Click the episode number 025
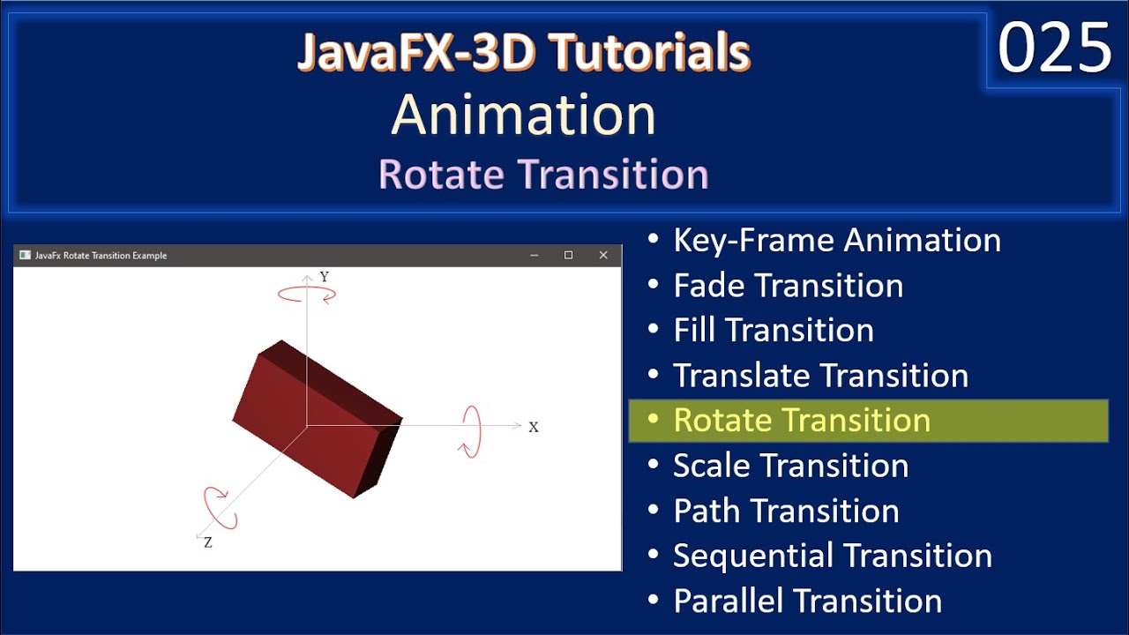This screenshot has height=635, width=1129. pos(1054,49)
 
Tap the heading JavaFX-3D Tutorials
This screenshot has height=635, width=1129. pos(524,53)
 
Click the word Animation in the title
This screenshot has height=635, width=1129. pos(524,115)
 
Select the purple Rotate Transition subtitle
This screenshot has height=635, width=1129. pos(543,174)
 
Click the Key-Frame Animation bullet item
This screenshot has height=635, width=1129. pos(836,240)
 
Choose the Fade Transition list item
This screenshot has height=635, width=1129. pos(788,285)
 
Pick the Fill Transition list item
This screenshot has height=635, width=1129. pos(773,330)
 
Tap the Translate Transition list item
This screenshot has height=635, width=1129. pos(820,376)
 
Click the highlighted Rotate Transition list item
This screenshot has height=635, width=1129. pos(801,420)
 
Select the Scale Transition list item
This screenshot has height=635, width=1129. pos(790,466)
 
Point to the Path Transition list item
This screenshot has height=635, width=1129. pos(786,511)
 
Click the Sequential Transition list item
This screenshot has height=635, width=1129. pos(832,556)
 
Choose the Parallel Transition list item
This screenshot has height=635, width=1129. pos(807,601)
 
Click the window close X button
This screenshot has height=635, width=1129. pos(603,256)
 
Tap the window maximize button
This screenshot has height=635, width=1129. pos(569,256)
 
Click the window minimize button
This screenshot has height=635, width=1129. pos(535,256)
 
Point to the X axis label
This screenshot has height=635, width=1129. pos(534,427)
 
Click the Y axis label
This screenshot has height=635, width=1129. pos(324,277)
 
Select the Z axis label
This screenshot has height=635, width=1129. pos(208,543)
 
